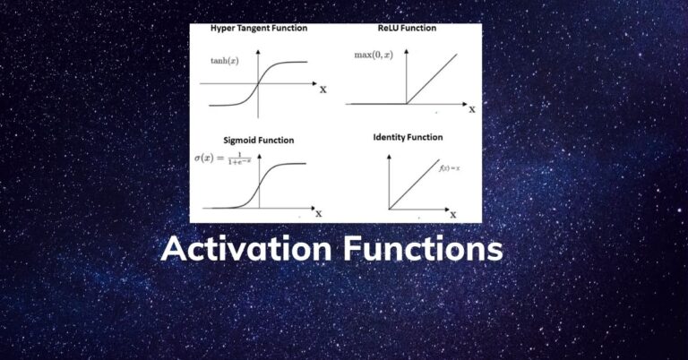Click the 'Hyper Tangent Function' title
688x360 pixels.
click(x=259, y=29)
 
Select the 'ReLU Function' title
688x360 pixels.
click(x=407, y=29)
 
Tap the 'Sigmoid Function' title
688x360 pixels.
click(x=258, y=141)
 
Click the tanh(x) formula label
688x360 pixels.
click(x=224, y=62)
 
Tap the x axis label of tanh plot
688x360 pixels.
click(x=322, y=89)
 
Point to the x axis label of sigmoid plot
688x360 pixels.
click(x=318, y=214)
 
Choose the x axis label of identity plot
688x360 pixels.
click(x=453, y=214)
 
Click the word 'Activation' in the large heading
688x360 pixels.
click(x=246, y=248)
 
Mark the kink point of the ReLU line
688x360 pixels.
click(x=408, y=105)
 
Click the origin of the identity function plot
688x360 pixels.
click(x=389, y=209)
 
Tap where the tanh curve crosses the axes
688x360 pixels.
click(x=258, y=84)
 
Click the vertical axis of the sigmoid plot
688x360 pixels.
click(x=259, y=184)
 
